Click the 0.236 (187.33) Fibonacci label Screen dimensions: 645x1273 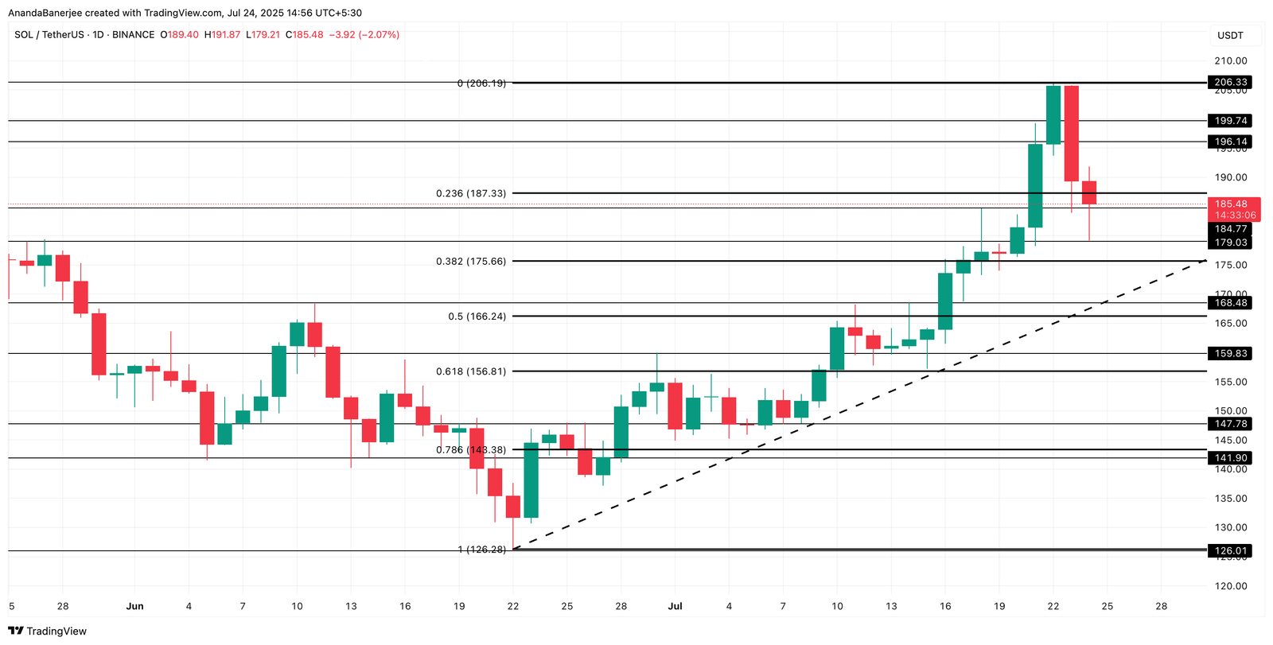(x=470, y=193)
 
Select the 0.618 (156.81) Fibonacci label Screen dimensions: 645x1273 (x=470, y=371)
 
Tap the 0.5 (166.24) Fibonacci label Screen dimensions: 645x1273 (x=477, y=317)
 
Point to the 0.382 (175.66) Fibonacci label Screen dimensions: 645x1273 (x=470, y=262)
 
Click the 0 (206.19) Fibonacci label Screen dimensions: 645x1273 (x=481, y=84)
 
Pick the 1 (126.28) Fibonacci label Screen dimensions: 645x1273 (x=481, y=550)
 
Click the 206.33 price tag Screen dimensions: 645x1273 (x=1230, y=82)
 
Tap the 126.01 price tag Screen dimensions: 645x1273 (x=1230, y=550)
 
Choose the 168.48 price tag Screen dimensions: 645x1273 (x=1230, y=303)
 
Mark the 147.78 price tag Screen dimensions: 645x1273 (x=1230, y=424)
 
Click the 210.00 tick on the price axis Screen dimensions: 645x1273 (x=1231, y=61)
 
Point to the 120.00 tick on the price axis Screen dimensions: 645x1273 (x=1231, y=586)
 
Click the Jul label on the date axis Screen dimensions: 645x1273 (x=675, y=606)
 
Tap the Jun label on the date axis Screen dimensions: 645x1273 (x=134, y=606)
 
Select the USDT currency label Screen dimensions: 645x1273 (x=1230, y=36)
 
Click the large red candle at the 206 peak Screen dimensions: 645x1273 (x=1071, y=134)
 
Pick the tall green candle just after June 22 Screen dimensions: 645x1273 (x=531, y=480)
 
